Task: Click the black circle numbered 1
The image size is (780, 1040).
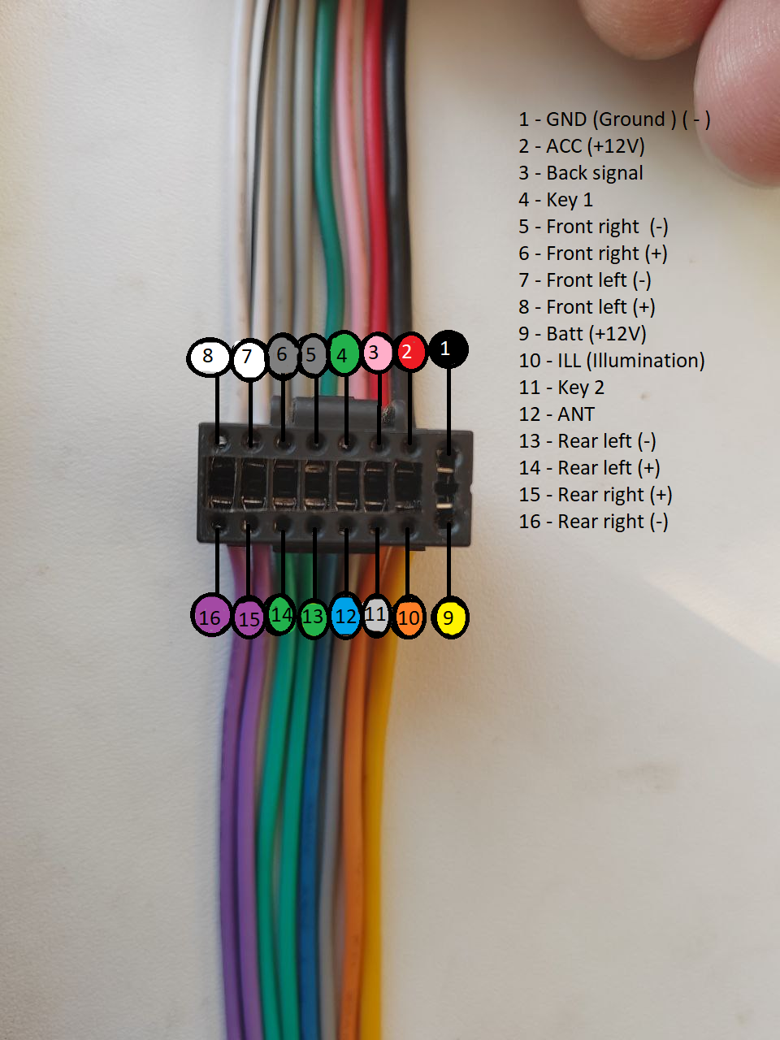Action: click(x=447, y=349)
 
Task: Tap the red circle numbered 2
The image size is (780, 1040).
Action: click(x=409, y=352)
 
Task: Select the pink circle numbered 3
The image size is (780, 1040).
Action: click(x=375, y=353)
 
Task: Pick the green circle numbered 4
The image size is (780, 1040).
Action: click(x=344, y=353)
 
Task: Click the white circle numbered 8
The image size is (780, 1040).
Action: click(x=209, y=356)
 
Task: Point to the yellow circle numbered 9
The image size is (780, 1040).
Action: click(x=449, y=617)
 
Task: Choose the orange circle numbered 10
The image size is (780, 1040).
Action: click(x=409, y=617)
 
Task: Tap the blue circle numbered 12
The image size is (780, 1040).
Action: click(x=346, y=616)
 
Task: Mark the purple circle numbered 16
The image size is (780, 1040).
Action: click(x=210, y=617)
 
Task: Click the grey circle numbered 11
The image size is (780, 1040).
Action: click(x=375, y=615)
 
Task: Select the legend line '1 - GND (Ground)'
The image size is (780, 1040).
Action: click(x=614, y=119)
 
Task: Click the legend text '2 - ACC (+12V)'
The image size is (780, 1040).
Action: click(x=582, y=146)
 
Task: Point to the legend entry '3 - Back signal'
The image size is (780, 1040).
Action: click(x=581, y=173)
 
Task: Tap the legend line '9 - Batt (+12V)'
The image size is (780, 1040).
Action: click(x=583, y=334)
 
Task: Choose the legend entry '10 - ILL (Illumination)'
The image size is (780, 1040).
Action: click(x=612, y=361)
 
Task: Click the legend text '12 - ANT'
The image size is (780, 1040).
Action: click(x=557, y=414)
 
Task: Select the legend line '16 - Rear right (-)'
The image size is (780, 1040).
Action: click(x=593, y=522)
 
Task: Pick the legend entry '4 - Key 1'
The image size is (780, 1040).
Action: click(x=556, y=200)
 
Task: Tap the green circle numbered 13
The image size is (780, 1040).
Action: click(x=313, y=617)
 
